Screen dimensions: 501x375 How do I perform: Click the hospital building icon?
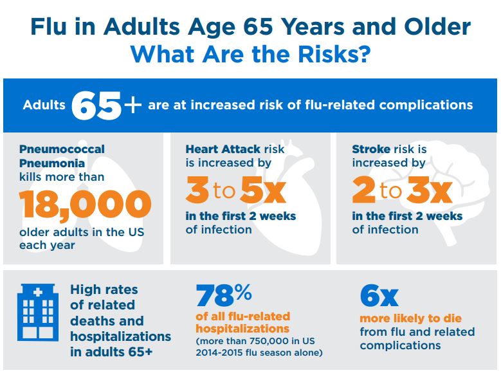tap(38, 313)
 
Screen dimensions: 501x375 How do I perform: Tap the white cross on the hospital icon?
tap(38, 292)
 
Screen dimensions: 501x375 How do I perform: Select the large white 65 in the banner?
tap(96, 105)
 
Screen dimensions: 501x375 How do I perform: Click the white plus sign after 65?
tap(132, 104)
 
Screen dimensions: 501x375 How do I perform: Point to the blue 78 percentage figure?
tap(224, 296)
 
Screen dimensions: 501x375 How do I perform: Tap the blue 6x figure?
tap(379, 296)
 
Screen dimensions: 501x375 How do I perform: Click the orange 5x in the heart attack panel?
tap(263, 190)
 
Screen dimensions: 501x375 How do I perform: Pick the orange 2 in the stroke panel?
tap(363, 190)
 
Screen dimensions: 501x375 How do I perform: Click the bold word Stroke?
tap(371, 149)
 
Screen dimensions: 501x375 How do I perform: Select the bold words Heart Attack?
tap(223, 149)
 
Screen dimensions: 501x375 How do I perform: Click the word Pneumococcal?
tap(62, 149)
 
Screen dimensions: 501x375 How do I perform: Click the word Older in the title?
tap(437, 26)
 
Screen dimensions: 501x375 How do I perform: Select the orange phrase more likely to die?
tap(410, 318)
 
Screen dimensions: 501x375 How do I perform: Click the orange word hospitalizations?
tap(242, 329)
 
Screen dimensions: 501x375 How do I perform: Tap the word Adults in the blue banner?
tap(44, 105)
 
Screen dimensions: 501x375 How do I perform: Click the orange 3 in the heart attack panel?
tap(197, 190)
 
